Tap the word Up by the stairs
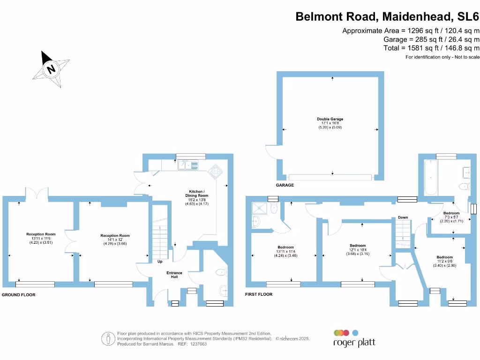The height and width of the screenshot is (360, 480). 160,262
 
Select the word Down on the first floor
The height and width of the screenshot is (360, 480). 403,217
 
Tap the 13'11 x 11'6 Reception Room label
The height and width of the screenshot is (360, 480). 41,239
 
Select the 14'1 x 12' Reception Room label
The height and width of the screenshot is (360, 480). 115,240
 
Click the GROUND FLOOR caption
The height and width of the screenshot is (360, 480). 18,295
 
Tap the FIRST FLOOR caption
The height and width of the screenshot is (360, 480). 259,294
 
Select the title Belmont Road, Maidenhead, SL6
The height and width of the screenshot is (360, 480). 387,17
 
